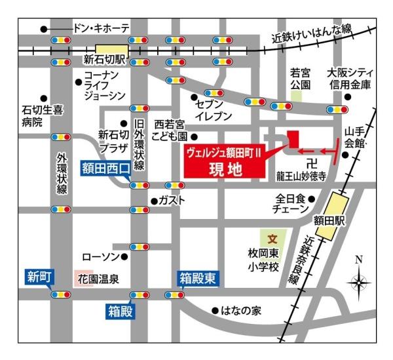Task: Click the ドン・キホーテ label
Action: point(101,28)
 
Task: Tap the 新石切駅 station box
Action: point(112,49)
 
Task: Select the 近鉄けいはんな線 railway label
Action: point(313,32)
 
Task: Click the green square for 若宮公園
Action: point(297,96)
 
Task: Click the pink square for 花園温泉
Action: point(80,278)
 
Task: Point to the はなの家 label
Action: point(241,311)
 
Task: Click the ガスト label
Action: point(172,200)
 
